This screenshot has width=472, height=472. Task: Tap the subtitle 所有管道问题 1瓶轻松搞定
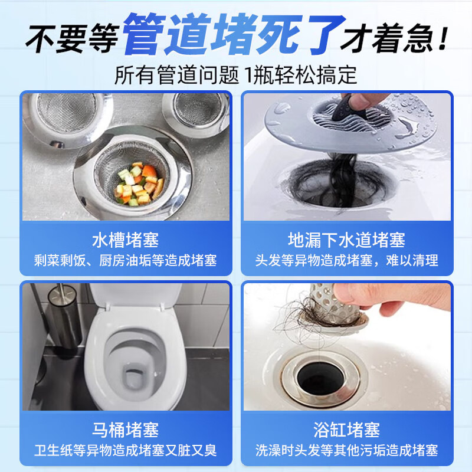click(x=236, y=75)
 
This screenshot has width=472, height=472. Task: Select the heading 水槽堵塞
click(x=125, y=240)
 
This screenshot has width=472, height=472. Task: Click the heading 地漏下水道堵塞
click(x=346, y=240)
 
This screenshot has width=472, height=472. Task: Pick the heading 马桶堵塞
click(x=125, y=429)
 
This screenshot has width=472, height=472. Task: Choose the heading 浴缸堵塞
click(x=346, y=429)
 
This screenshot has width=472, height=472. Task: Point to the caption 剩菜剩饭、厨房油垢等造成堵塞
click(x=125, y=260)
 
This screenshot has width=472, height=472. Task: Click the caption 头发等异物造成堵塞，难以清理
click(x=346, y=260)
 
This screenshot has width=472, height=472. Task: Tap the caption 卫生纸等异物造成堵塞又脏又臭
click(x=125, y=450)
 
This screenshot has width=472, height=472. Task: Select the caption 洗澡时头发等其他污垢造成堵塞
click(x=346, y=450)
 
